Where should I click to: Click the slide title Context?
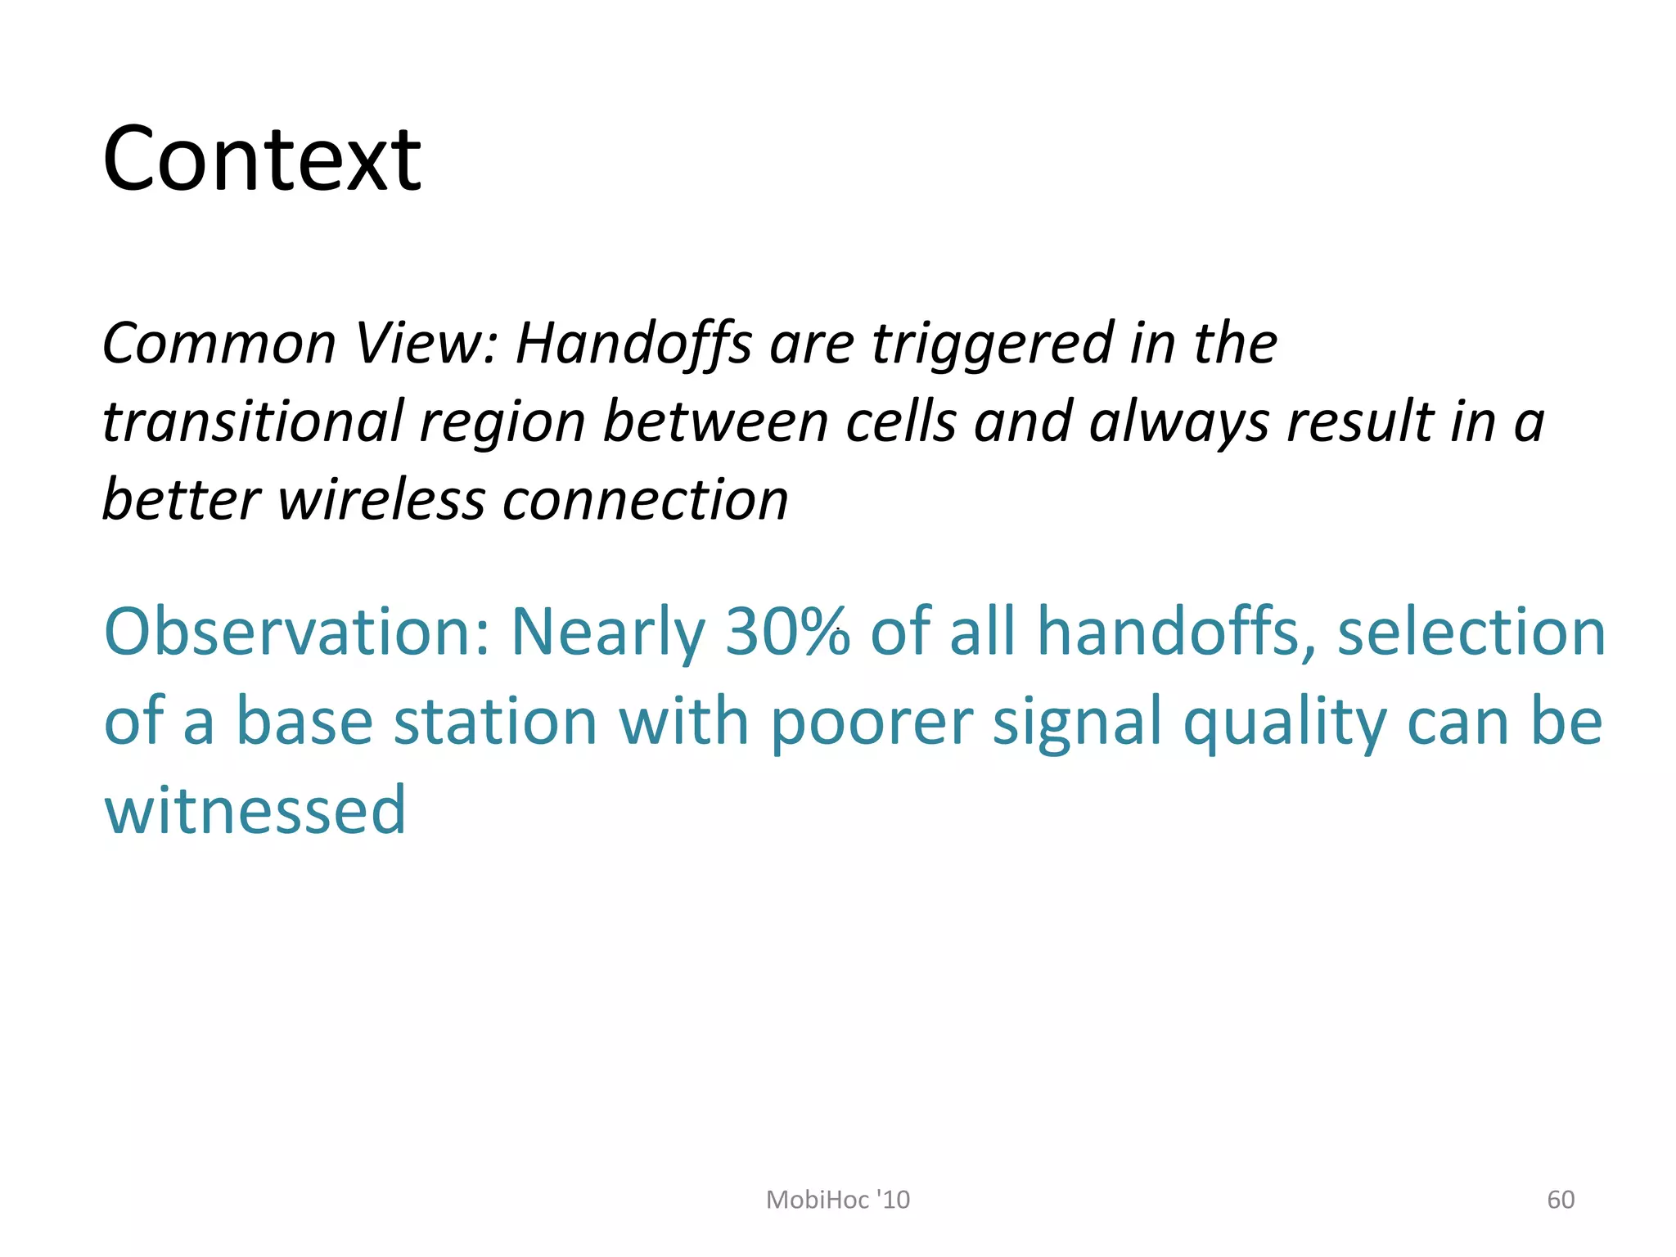(262, 160)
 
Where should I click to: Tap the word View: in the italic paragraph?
(426, 344)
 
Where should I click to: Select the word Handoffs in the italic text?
(633, 344)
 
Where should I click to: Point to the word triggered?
(992, 344)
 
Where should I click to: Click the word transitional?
(252, 422)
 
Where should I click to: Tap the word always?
(1178, 422)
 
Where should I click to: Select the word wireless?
(381, 500)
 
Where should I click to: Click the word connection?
(645, 500)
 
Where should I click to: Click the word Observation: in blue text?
(296, 632)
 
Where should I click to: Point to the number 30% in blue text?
(787, 632)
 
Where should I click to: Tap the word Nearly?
(607, 632)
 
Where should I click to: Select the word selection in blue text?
(1471, 632)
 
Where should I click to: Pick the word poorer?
(872, 722)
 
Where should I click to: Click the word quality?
(1285, 722)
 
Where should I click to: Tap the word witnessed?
(255, 810)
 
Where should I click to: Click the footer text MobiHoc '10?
(837, 1200)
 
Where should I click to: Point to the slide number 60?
(1561, 1200)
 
